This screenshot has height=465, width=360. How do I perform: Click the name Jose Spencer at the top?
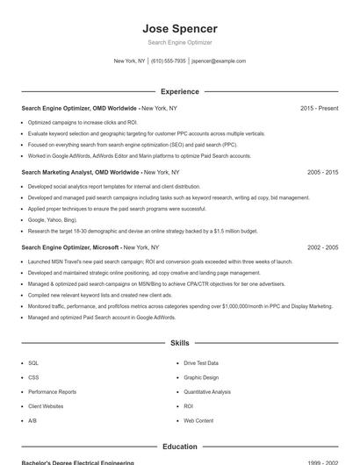pos(180,28)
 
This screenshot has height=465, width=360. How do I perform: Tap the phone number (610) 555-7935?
pos(169,61)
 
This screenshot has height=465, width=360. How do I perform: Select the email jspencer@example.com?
pos(219,61)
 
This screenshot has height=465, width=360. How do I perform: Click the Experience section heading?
pos(180,91)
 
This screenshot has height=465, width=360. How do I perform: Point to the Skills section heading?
pos(180,342)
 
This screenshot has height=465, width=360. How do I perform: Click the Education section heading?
pos(180,447)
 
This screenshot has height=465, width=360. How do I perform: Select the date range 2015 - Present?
pos(319,108)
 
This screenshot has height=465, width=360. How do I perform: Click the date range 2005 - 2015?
pos(322,173)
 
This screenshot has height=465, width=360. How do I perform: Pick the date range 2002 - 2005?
pos(322,248)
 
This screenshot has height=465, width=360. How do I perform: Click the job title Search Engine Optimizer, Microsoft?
pos(70,248)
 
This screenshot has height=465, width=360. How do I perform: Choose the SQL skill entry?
pos(33,362)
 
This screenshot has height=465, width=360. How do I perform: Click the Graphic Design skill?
pos(201,377)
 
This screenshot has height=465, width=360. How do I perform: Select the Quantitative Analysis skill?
pos(207,391)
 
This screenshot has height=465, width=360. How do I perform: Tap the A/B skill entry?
pos(32,421)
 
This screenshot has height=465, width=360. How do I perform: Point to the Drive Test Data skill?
pos(201,362)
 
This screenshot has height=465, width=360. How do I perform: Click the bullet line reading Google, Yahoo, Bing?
pos(53,220)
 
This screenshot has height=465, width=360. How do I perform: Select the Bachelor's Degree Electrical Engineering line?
pos(78,461)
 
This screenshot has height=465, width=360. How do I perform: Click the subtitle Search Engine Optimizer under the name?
pos(180,42)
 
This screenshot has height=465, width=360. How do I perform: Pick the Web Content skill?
pos(198,421)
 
